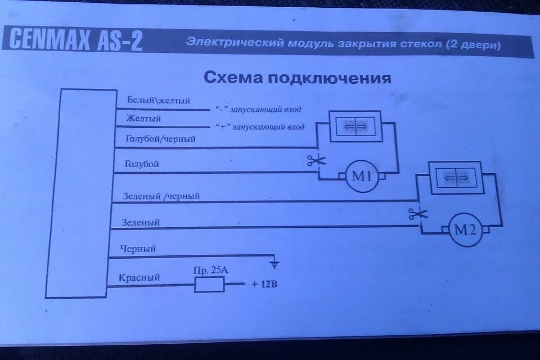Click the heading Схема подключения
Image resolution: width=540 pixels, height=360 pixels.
(297, 77)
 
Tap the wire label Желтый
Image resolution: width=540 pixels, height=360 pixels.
(144, 119)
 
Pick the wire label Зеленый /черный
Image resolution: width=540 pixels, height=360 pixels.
(161, 196)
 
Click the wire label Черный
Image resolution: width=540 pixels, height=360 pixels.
(138, 248)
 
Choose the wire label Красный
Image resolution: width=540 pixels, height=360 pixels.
(139, 277)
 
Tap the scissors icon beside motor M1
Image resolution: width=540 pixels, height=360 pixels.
(317, 161)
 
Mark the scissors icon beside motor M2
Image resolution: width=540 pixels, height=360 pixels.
(418, 213)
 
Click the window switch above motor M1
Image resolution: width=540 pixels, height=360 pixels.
(355, 127)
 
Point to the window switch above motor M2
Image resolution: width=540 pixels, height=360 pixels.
(456, 178)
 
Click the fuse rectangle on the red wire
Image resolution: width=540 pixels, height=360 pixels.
(210, 285)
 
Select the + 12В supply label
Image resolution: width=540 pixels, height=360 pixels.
(264, 284)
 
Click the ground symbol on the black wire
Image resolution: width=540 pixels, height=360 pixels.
(274, 263)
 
